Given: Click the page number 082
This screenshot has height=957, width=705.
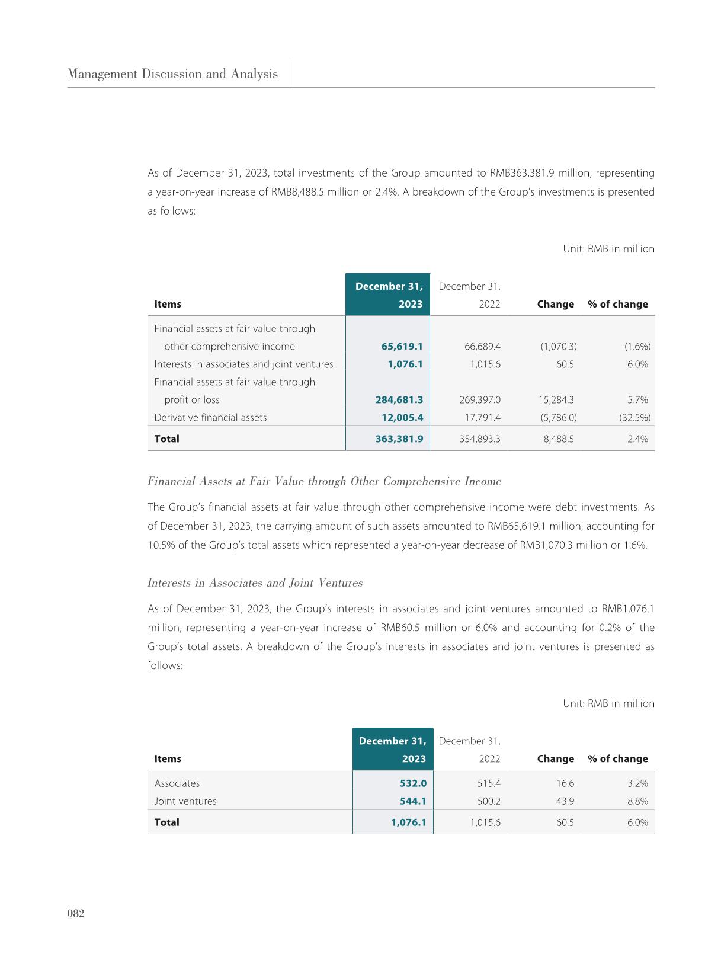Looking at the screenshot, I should point(76,913).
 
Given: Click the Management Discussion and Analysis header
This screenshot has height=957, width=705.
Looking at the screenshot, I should point(172,74).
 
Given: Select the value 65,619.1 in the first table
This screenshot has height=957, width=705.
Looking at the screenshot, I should point(402,347).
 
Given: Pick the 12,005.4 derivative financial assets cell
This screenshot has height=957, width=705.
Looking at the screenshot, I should point(402,418).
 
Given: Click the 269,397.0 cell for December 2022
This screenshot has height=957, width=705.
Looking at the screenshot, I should point(480,400).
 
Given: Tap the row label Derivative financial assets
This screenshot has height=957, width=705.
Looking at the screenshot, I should point(210,418).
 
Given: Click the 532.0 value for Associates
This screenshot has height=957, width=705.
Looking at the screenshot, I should point(413,783).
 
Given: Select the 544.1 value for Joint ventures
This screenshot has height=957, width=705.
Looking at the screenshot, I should point(413,801).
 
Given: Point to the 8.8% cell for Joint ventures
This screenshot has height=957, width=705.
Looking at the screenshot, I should point(637,801).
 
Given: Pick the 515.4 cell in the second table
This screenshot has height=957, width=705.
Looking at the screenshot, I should point(489,783).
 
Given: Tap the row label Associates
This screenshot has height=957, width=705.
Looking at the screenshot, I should point(177,783).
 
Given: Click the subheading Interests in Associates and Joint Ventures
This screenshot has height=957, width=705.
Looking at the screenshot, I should point(255,583).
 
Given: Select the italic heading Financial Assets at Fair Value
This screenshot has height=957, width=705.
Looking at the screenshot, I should point(324,481).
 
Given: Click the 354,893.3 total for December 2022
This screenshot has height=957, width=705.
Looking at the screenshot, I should point(480,439).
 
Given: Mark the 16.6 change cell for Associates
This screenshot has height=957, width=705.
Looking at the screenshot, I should point(565,783).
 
